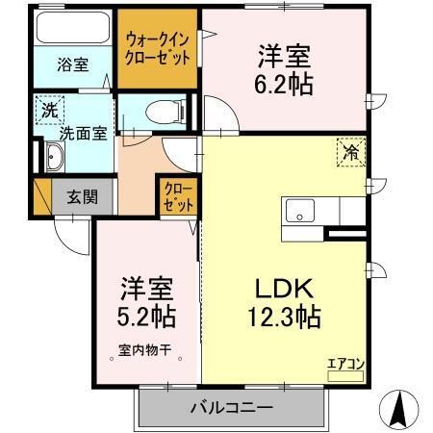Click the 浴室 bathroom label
(72, 65)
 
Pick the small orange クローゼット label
(177, 197)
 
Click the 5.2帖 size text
(147, 315)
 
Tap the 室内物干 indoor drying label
(143, 351)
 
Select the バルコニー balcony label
(230, 408)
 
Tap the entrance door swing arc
(67, 231)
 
